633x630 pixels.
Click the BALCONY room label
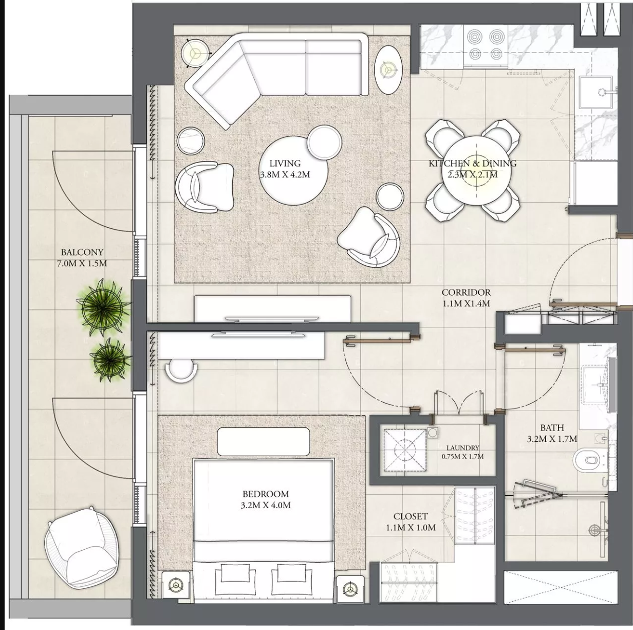click(82, 252)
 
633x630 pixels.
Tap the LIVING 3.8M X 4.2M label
click(285, 169)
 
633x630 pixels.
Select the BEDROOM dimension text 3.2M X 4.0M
click(266, 505)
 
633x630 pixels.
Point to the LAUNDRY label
click(462, 448)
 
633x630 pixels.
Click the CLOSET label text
click(411, 516)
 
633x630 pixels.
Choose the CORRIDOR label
click(466, 292)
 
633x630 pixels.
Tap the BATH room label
click(552, 428)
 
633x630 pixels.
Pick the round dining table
click(473, 170)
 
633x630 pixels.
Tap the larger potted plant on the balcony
click(102, 307)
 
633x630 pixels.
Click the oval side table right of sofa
click(389, 70)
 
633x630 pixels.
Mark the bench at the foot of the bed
click(264, 442)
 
